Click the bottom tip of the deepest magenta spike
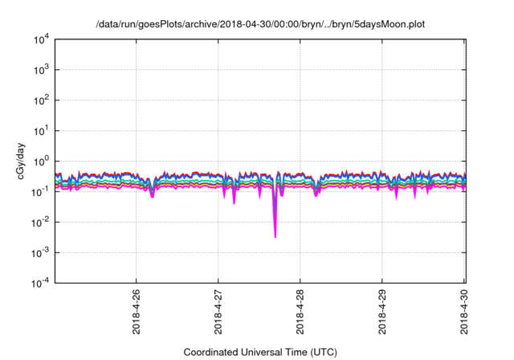pyautogui.click(x=275, y=237)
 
